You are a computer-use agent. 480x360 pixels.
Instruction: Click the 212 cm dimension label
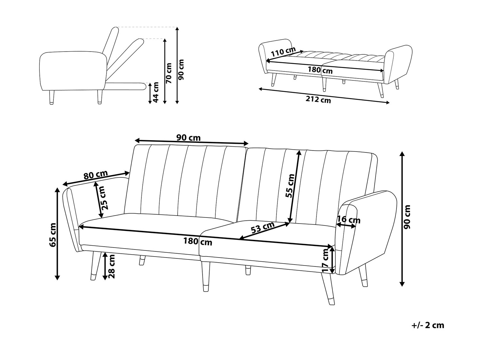318,100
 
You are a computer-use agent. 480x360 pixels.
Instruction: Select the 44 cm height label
156,92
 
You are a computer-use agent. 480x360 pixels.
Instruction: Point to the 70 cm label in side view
169,73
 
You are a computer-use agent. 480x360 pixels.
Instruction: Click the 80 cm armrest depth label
95,175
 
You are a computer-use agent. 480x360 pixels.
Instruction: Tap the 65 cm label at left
53,235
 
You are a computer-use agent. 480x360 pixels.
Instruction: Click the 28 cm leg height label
112,266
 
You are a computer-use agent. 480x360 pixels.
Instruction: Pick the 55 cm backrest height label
290,186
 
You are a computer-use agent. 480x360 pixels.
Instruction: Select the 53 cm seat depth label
263,227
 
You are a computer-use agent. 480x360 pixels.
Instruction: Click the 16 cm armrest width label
348,220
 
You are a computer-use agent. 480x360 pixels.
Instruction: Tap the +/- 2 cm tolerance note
428,325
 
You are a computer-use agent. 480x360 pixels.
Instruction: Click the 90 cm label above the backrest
188,138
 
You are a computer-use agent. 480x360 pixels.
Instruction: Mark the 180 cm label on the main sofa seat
198,241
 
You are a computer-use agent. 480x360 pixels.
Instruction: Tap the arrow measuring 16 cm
346,225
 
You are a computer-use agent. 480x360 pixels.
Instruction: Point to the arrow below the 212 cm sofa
324,95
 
